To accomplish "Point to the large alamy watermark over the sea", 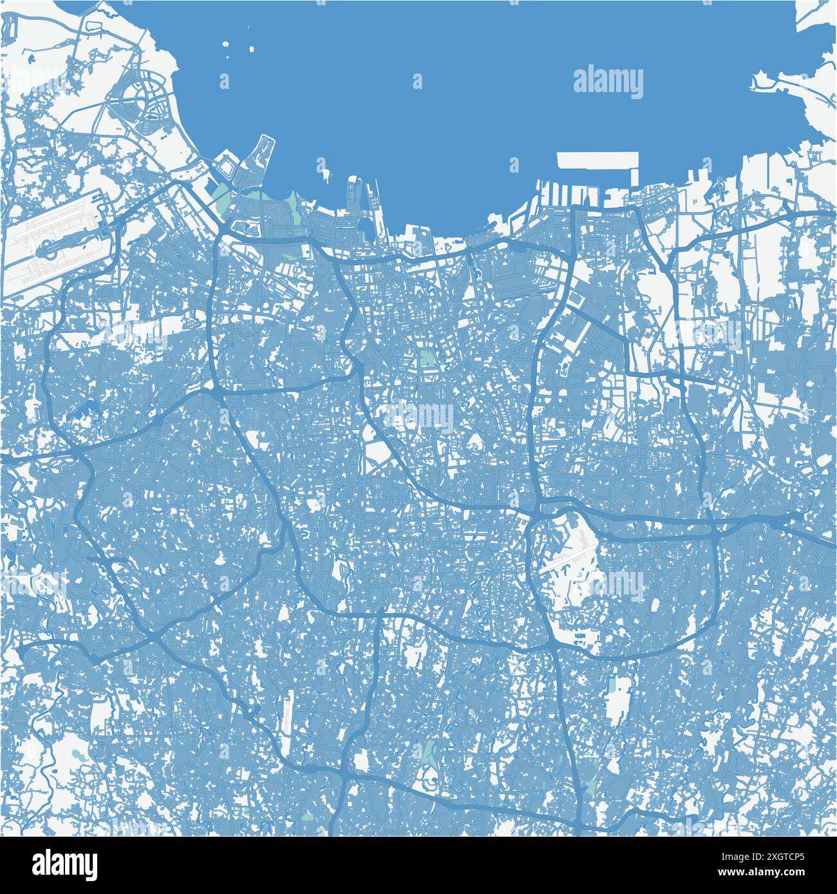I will [608, 83].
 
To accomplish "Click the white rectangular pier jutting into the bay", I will [597, 160].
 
